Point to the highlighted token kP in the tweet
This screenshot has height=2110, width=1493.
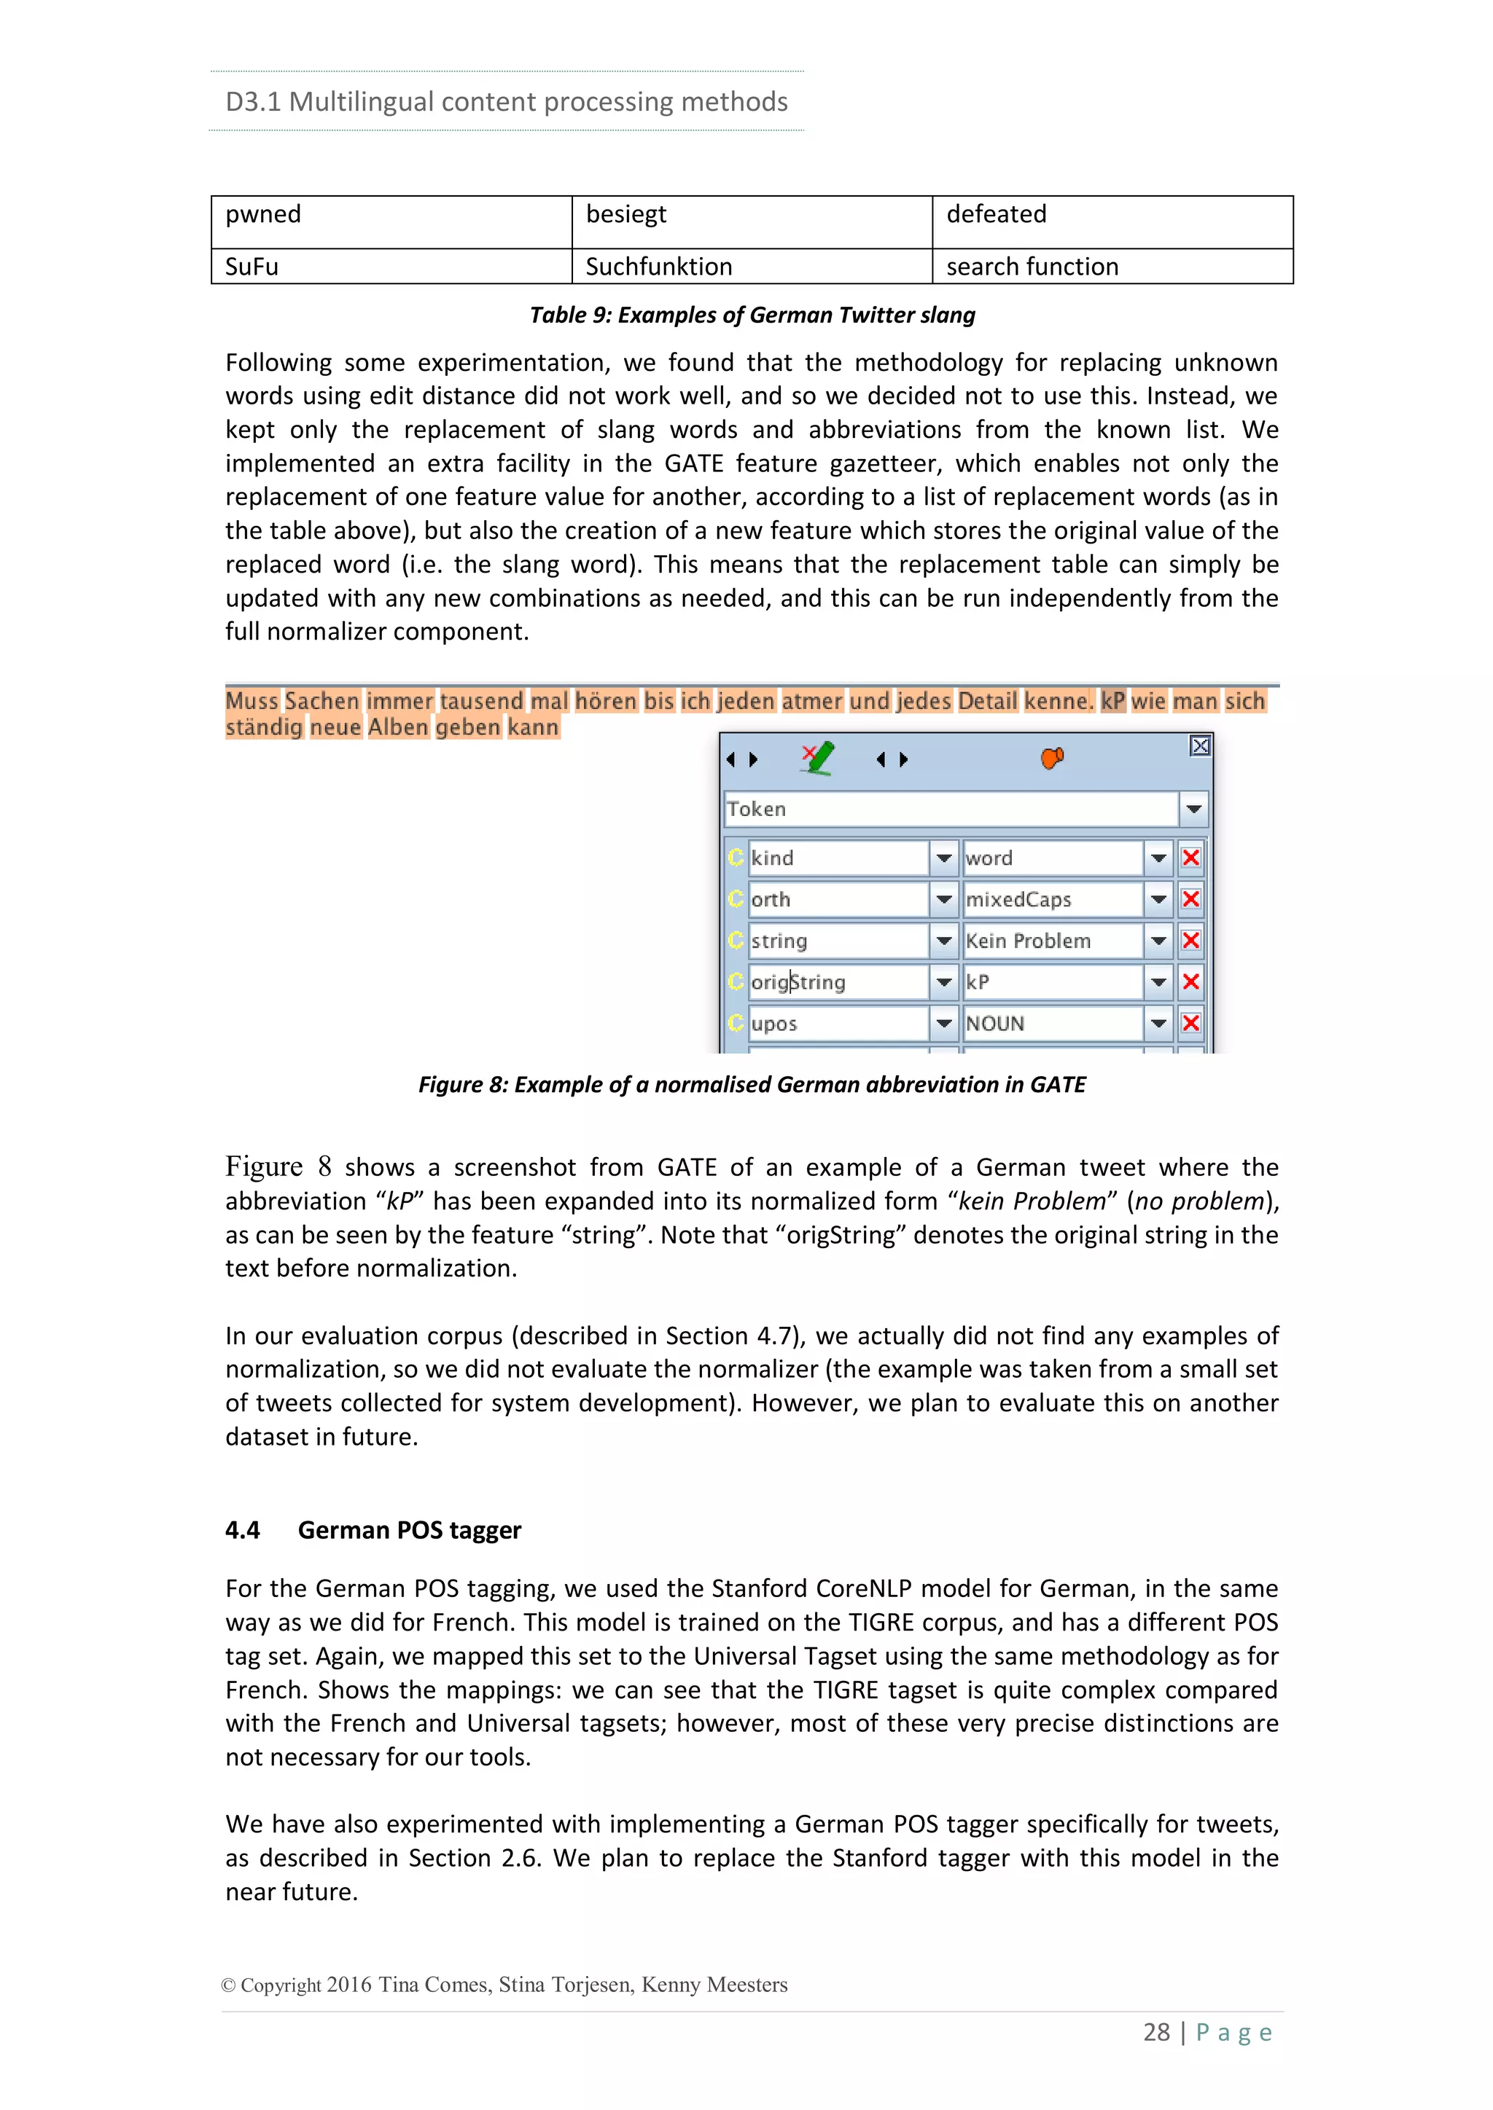tap(1112, 701)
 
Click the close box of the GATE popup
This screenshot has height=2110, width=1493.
tap(1200, 746)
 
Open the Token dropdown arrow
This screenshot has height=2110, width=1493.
tap(1193, 809)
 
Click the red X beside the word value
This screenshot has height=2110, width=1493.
tap(1190, 858)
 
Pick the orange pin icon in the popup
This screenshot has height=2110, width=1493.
tap(1052, 758)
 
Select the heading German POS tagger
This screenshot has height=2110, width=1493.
tap(409, 1530)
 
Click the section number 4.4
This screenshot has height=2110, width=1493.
tap(243, 1530)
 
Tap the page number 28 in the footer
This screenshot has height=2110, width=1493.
tap(1155, 2032)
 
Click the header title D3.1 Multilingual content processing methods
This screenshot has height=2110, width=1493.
tap(507, 101)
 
